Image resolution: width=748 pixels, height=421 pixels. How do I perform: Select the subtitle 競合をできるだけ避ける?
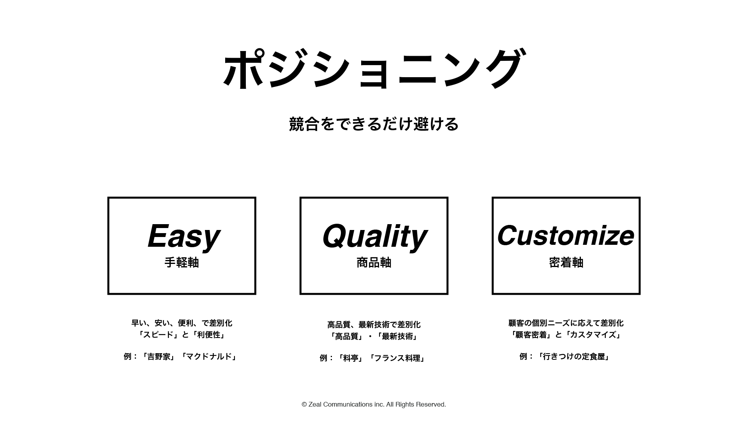tap(374, 124)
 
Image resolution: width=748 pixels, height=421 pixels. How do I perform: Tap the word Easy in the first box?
tap(183, 236)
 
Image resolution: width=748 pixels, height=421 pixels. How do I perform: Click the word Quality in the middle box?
tap(374, 236)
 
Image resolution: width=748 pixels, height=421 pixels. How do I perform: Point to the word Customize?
tap(566, 235)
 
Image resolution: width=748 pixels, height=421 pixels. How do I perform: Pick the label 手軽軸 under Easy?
tap(182, 262)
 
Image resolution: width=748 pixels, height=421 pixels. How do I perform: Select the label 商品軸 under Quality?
tap(374, 262)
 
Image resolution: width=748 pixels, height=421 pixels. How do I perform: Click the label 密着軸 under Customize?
tap(566, 262)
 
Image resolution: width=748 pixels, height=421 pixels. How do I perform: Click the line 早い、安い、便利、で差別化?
tap(182, 323)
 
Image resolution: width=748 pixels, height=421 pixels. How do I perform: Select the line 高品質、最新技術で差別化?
tap(374, 325)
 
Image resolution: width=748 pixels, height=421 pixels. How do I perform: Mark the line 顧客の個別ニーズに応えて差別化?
tap(566, 323)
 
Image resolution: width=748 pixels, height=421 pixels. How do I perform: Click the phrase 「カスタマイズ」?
tap(593, 335)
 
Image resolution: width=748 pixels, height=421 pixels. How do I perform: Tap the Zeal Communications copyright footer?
tap(374, 405)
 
